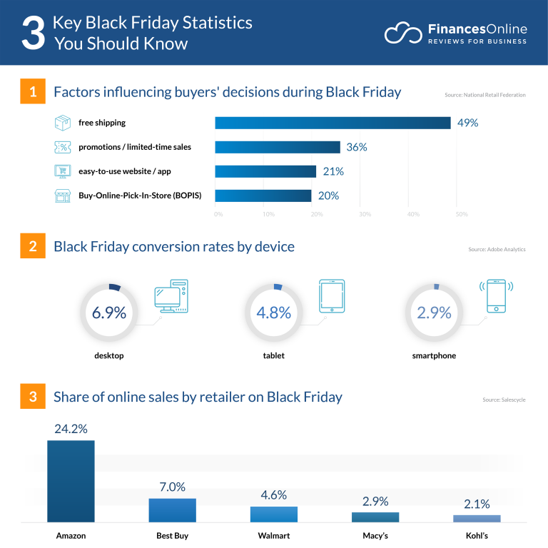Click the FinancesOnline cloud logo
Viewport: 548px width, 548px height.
click(x=402, y=34)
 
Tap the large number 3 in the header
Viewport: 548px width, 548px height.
click(x=33, y=34)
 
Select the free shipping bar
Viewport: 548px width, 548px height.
click(x=333, y=123)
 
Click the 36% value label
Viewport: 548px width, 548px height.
click(x=356, y=147)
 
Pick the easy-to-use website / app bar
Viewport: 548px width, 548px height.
click(x=265, y=171)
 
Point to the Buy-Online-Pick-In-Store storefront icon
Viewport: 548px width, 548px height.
click(x=62, y=196)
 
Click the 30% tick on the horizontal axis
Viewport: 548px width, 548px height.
click(x=364, y=214)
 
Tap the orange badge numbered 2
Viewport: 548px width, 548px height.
click(x=33, y=247)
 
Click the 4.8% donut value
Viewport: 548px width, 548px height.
click(x=273, y=313)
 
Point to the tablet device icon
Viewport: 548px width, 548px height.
click(x=332, y=296)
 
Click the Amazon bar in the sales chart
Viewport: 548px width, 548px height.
click(x=71, y=481)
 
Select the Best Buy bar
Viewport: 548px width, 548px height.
click(x=172, y=510)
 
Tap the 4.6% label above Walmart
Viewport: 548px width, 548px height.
click(x=273, y=494)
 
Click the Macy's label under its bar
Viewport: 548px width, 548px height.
click(x=375, y=535)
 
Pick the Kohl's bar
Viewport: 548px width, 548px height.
click(x=477, y=518)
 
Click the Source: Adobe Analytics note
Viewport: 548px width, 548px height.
click(x=497, y=250)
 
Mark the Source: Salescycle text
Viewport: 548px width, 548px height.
click(x=504, y=400)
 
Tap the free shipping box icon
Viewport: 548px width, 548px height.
click(x=62, y=123)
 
